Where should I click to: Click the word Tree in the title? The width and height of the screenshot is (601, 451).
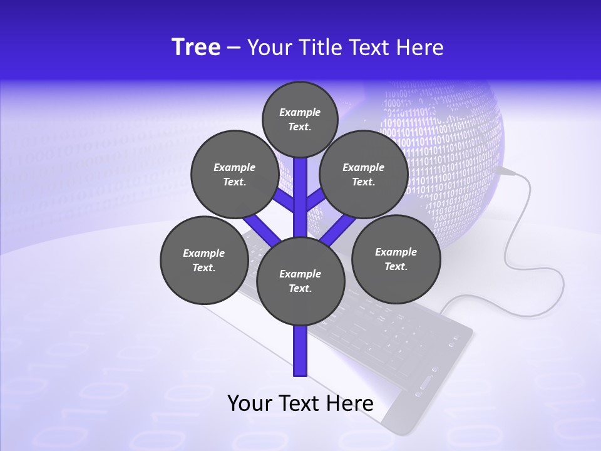tap(196, 47)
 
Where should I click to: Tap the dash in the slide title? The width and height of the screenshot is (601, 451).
tap(234, 48)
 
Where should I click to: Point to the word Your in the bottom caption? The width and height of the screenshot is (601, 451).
tap(250, 403)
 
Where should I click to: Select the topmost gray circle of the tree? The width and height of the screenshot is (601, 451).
tap(300, 119)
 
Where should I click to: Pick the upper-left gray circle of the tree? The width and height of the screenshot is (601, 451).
tap(234, 175)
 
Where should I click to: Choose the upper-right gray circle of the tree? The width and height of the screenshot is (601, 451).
tap(363, 175)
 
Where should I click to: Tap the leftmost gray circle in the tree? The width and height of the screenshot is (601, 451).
tap(203, 260)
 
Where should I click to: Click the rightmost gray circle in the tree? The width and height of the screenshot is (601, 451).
tap(396, 259)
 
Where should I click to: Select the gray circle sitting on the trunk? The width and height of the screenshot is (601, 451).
tap(300, 281)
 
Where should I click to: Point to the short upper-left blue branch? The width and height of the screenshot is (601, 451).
tap(285, 199)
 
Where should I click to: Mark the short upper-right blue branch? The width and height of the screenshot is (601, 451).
tap(316, 199)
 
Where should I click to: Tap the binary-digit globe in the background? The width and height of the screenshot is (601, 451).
tap(451, 144)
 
